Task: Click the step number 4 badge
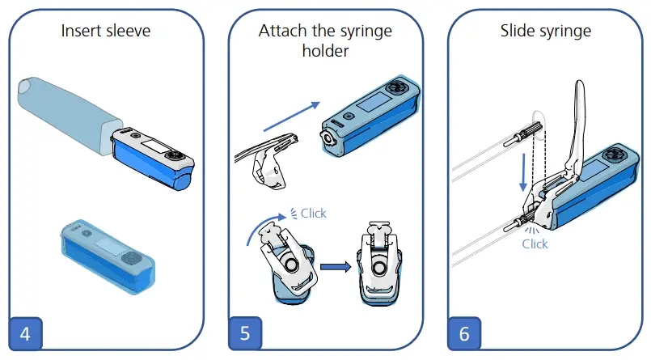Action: click(25, 333)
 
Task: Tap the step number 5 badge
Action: click(244, 333)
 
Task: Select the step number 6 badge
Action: click(464, 333)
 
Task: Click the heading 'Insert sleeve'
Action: click(106, 32)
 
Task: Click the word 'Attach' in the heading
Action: click(282, 32)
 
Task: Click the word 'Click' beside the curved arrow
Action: click(313, 214)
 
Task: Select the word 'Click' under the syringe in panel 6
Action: click(535, 244)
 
